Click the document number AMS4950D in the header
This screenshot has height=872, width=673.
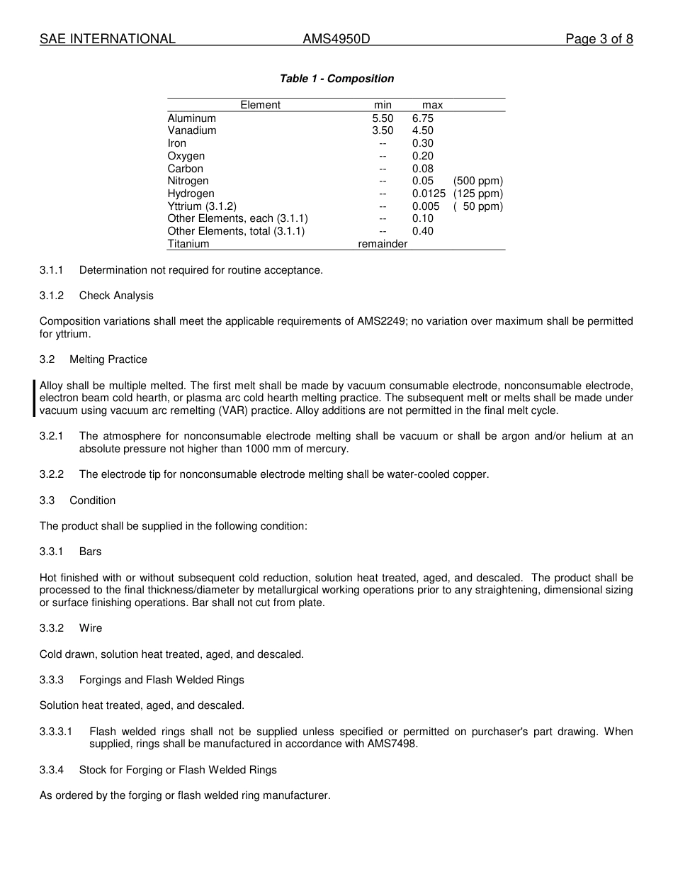click(x=336, y=39)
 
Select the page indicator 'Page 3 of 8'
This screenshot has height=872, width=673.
click(x=599, y=39)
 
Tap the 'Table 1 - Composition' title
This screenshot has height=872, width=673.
click(x=336, y=79)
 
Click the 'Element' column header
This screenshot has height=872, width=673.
click(x=260, y=105)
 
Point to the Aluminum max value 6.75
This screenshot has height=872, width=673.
click(x=422, y=118)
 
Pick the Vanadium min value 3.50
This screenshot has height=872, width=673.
click(x=383, y=130)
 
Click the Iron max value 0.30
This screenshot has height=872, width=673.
click(x=422, y=143)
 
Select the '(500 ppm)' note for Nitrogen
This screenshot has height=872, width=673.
click(x=478, y=181)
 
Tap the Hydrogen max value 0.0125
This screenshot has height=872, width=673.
click(x=429, y=194)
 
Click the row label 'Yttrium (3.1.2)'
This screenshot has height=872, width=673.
click(x=202, y=206)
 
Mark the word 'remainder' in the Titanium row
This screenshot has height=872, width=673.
click(x=383, y=244)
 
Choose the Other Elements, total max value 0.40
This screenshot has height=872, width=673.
click(x=422, y=231)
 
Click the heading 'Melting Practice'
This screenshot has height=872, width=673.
click(x=108, y=359)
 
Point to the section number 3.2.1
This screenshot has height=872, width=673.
click(x=52, y=436)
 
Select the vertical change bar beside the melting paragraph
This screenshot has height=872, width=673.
click(x=35, y=398)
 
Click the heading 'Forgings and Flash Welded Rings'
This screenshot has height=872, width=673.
click(x=162, y=680)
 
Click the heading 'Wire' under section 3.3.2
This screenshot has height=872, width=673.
click(x=91, y=628)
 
